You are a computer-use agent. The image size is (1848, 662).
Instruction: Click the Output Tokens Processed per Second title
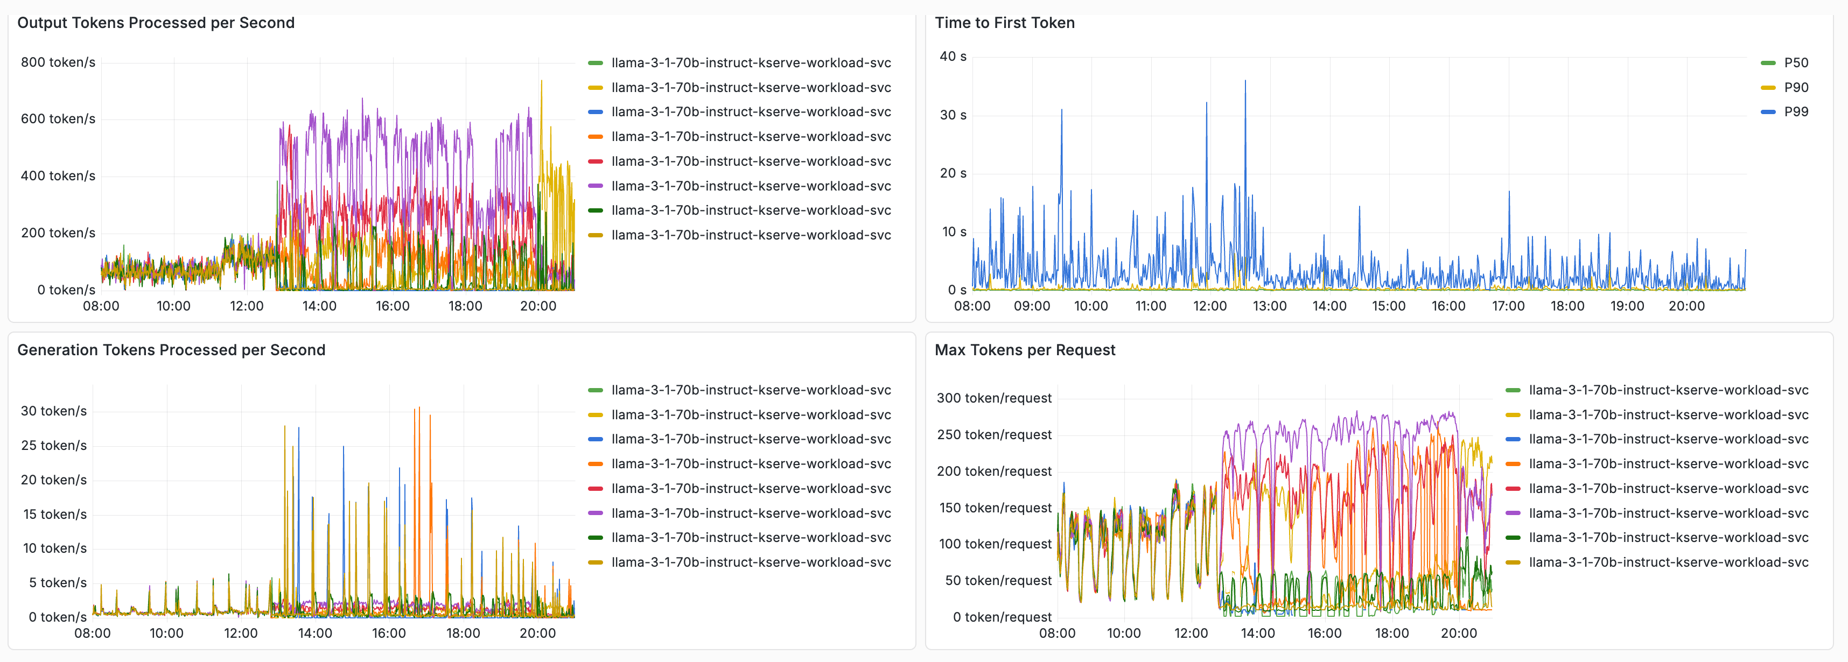[156, 23]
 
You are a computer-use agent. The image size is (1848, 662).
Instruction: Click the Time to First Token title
[1004, 23]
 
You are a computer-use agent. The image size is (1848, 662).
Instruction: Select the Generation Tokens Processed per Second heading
[171, 350]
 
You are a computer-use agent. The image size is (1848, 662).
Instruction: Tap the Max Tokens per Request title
[1025, 350]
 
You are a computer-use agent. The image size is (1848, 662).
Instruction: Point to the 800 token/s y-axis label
[58, 62]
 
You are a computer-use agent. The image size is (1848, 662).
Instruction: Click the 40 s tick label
[953, 57]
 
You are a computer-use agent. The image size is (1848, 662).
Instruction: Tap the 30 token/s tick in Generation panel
[53, 411]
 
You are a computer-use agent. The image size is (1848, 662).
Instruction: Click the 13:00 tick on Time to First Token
[1269, 306]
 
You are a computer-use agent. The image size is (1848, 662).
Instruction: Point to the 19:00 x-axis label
[1626, 306]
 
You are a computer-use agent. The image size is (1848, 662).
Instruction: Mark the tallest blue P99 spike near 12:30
[1245, 82]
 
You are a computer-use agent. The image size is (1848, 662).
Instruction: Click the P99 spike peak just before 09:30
[1062, 110]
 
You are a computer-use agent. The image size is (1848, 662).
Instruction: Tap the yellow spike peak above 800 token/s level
[542, 82]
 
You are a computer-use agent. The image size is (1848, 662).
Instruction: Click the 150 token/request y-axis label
[995, 508]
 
